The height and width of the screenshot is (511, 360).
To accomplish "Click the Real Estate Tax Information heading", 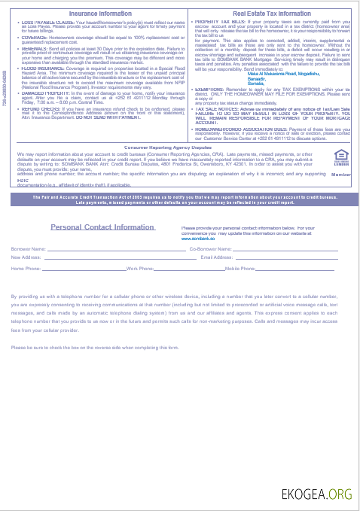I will [272, 14].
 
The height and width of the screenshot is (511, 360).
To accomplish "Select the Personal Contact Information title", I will [102, 227].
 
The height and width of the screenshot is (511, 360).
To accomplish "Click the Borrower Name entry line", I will [113, 249].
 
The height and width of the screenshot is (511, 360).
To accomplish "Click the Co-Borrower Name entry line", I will [285, 249].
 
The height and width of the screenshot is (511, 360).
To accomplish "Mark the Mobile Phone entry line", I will [302, 269].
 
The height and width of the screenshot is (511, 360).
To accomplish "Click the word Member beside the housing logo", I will [340, 174].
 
